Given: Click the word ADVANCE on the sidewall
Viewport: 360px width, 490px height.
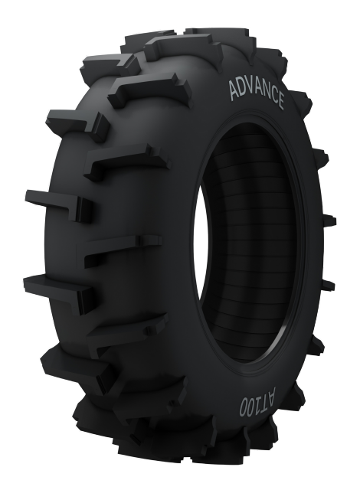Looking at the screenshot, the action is [x=257, y=93].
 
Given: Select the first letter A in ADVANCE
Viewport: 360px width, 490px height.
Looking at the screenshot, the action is [x=234, y=90].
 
